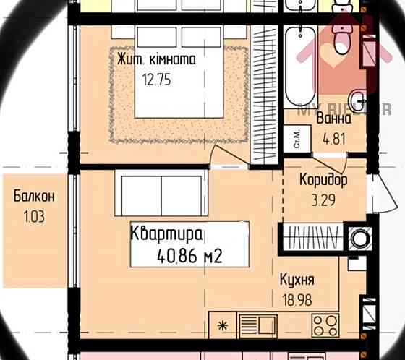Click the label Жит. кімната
[x=156, y=60]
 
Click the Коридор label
[x=323, y=179]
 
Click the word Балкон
[x=34, y=196]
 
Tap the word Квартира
[x=166, y=233]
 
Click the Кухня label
[x=297, y=280]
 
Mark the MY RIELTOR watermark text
[x=334, y=110]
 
